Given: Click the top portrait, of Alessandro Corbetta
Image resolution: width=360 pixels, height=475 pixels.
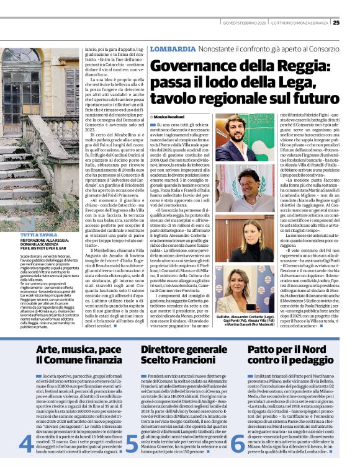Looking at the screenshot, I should (x=239, y=138).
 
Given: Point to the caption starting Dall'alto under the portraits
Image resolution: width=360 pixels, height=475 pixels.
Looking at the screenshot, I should (x=239, y=320).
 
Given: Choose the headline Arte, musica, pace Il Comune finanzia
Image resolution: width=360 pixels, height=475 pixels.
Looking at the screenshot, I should (x=70, y=355).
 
